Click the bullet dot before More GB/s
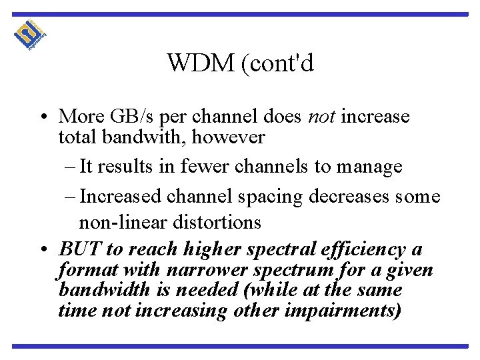[x=42, y=117]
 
